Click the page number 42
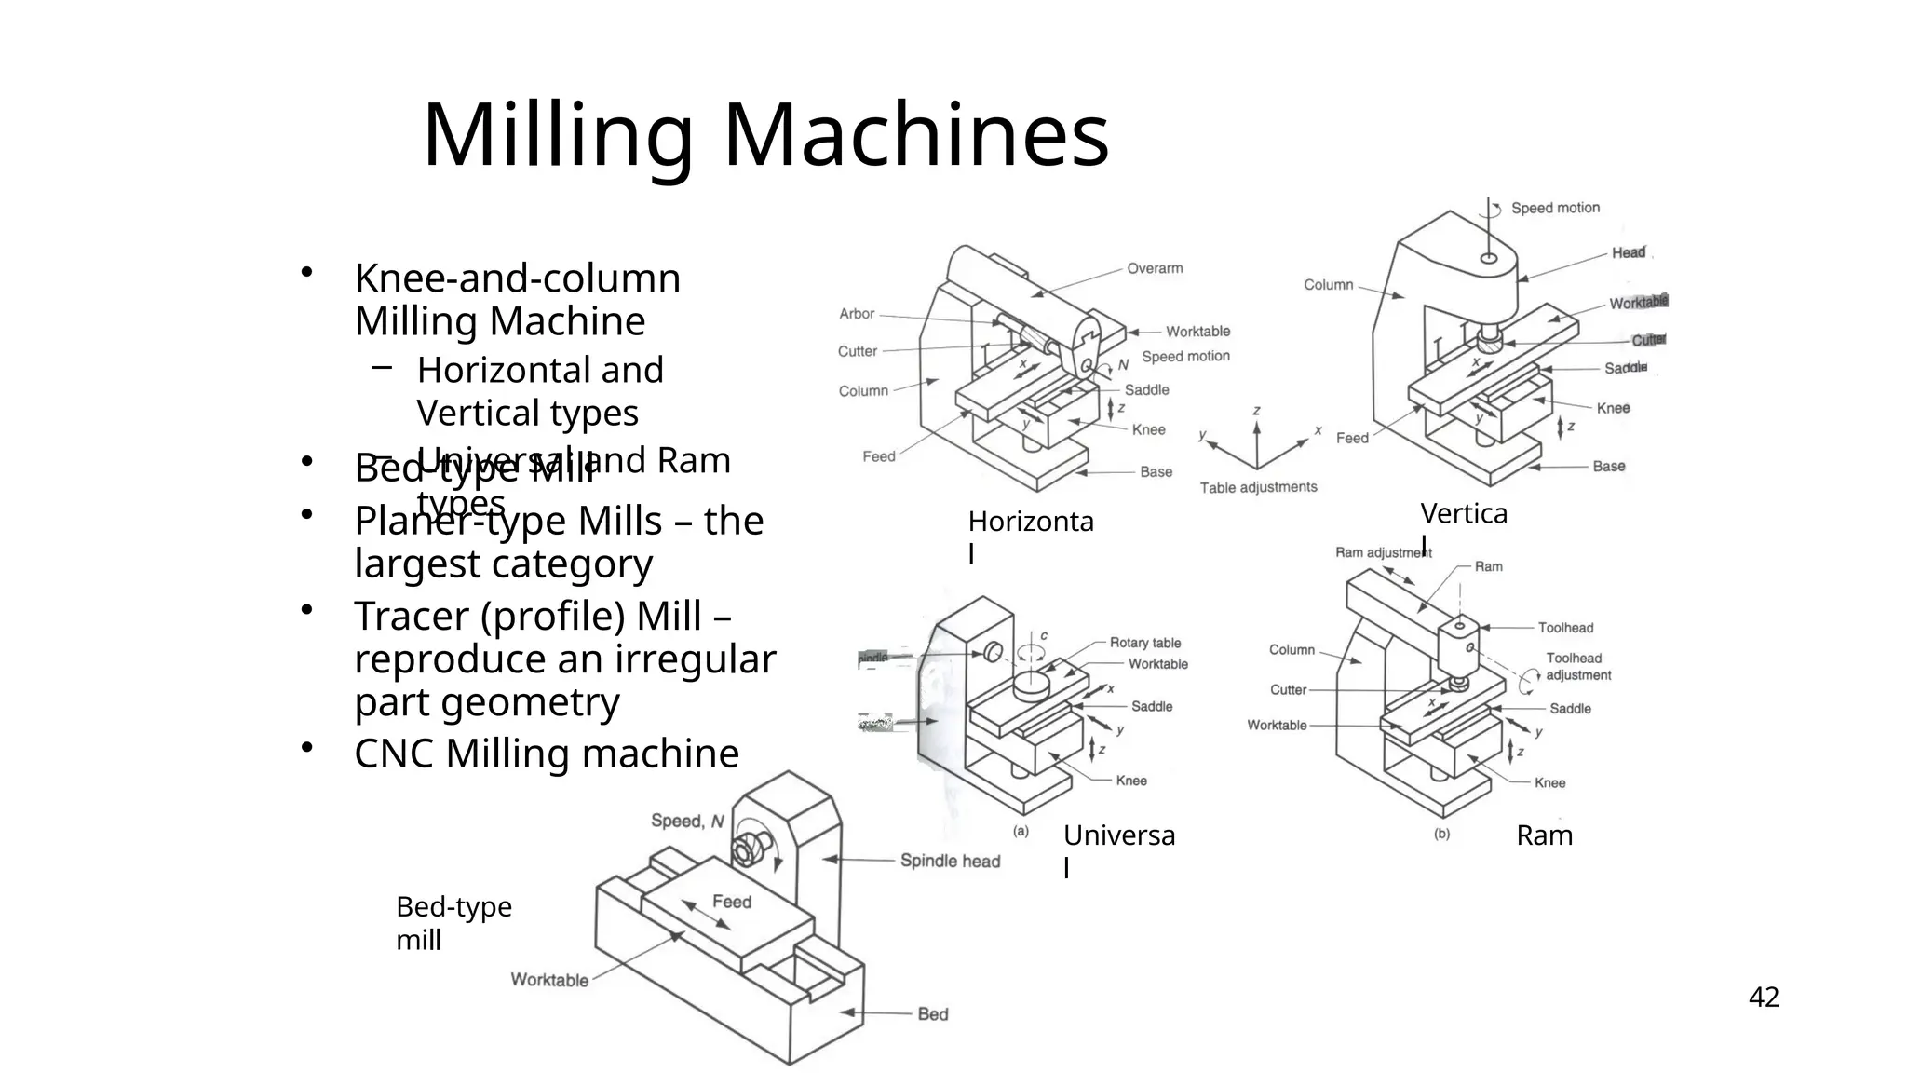point(1764,998)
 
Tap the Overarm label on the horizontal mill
point(1155,268)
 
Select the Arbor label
point(857,314)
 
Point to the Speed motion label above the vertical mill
point(1555,208)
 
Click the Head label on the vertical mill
point(1629,252)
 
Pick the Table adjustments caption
point(1258,487)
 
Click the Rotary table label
point(1144,643)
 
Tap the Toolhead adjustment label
point(1577,667)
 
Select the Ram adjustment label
point(1383,552)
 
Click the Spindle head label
point(950,862)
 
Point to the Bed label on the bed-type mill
point(933,1014)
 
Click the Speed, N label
point(687,822)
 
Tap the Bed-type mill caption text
point(453,923)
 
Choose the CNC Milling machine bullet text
point(547,754)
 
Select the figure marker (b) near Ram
point(1441,835)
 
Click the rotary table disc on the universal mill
point(1031,686)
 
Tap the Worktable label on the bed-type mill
point(549,980)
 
